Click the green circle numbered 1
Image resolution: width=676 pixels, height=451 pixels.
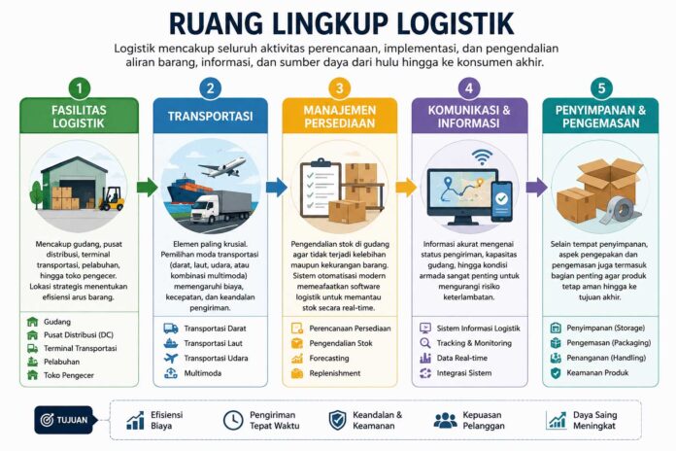click(x=79, y=88)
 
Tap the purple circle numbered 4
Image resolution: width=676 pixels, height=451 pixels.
click(x=469, y=88)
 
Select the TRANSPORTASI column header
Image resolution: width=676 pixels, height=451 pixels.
click(x=211, y=116)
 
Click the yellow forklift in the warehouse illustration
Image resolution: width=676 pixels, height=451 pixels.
click(x=112, y=198)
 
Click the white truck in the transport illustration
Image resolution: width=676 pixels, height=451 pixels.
click(x=220, y=207)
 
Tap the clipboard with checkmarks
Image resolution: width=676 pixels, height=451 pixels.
click(x=321, y=189)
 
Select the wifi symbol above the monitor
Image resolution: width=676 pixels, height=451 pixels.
click(x=482, y=156)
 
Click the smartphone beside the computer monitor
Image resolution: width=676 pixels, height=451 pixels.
click(x=502, y=201)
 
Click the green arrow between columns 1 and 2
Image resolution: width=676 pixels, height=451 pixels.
click(x=147, y=187)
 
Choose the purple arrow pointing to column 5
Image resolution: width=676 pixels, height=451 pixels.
click(x=536, y=187)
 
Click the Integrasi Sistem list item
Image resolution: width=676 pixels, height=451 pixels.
click(x=456, y=373)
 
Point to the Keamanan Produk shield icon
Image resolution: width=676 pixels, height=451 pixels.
click(x=556, y=373)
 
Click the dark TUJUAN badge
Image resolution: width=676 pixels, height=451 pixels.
click(x=64, y=420)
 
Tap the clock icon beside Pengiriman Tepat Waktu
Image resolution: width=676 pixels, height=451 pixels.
click(x=233, y=420)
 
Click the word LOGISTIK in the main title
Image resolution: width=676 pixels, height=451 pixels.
click(x=456, y=23)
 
